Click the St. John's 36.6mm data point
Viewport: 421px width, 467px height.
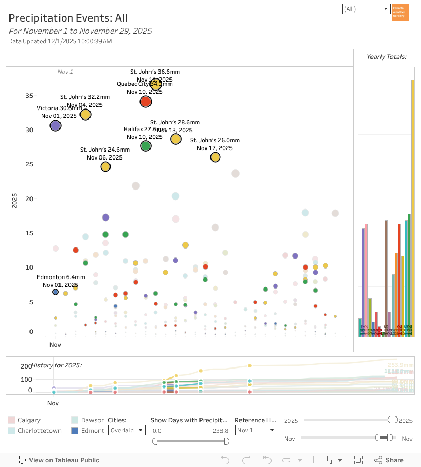pos(155,84)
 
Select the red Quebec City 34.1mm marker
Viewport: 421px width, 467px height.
pos(146,102)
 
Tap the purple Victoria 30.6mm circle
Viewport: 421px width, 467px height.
pos(56,125)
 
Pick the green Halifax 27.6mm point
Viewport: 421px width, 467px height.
pos(146,146)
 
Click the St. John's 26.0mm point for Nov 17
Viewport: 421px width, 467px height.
pos(215,157)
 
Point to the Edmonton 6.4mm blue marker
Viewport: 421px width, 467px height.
pos(56,292)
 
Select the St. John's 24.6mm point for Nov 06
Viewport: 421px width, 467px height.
pos(105,167)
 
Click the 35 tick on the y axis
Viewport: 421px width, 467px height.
pos(28,96)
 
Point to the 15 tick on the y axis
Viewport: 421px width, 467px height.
pos(28,233)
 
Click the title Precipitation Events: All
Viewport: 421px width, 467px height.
pos(68,18)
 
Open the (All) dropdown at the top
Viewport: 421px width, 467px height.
pos(365,9)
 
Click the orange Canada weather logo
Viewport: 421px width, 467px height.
pos(400,12)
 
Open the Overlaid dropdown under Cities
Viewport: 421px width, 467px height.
pos(127,431)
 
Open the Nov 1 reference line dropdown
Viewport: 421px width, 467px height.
pos(256,431)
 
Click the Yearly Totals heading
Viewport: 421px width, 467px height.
pos(386,57)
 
